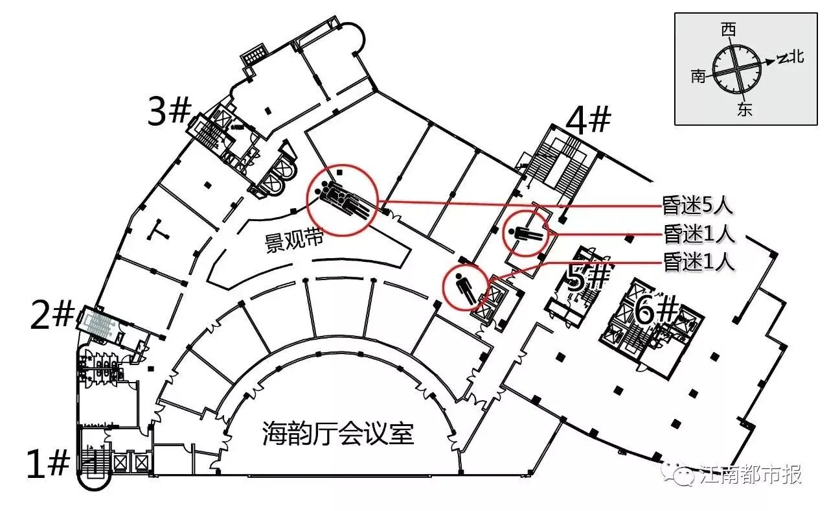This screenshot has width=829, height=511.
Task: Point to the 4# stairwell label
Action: [588, 121]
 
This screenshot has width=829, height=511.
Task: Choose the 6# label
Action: [655, 312]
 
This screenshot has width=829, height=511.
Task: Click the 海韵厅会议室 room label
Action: [338, 433]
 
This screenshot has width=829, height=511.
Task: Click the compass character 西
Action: [729, 30]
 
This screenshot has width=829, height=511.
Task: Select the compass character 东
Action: [745, 110]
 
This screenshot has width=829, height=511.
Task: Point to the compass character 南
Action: [698, 77]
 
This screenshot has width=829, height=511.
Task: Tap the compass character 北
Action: [797, 57]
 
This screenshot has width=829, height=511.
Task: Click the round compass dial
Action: [736, 68]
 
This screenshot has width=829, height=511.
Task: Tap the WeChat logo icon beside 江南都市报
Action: [685, 475]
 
